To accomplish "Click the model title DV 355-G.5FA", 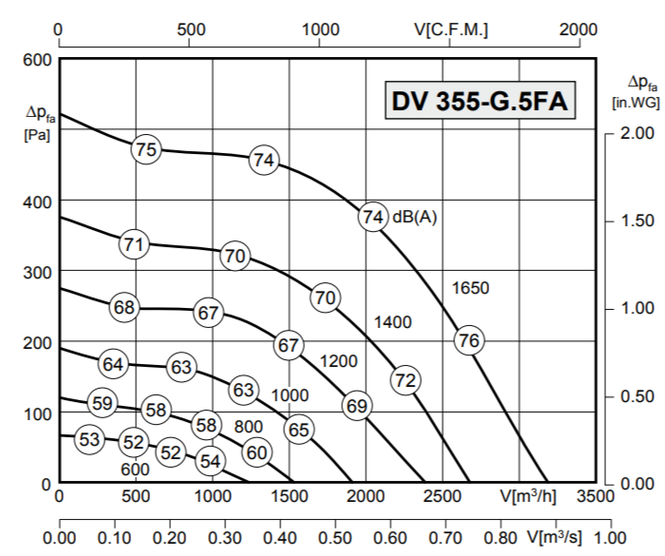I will tap(480, 102).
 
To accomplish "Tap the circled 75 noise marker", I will tap(145, 149).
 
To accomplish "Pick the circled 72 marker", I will tap(406, 380).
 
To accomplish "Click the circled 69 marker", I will tap(356, 406).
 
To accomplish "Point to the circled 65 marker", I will tap(299, 430).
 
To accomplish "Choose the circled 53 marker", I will tap(89, 439).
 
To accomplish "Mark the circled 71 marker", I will tap(134, 244).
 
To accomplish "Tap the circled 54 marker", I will tap(210, 462).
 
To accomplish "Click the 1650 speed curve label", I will tap(470, 287).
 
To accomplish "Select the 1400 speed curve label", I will tap(392, 322).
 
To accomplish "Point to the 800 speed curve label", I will tap(248, 425).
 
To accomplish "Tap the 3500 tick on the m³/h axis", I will tap(595, 495).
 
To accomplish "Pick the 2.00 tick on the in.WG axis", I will tap(631, 132).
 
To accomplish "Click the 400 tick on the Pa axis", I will tap(36, 201).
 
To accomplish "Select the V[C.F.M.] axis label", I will tap(451, 29).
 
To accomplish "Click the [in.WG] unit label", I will tap(636, 102).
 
